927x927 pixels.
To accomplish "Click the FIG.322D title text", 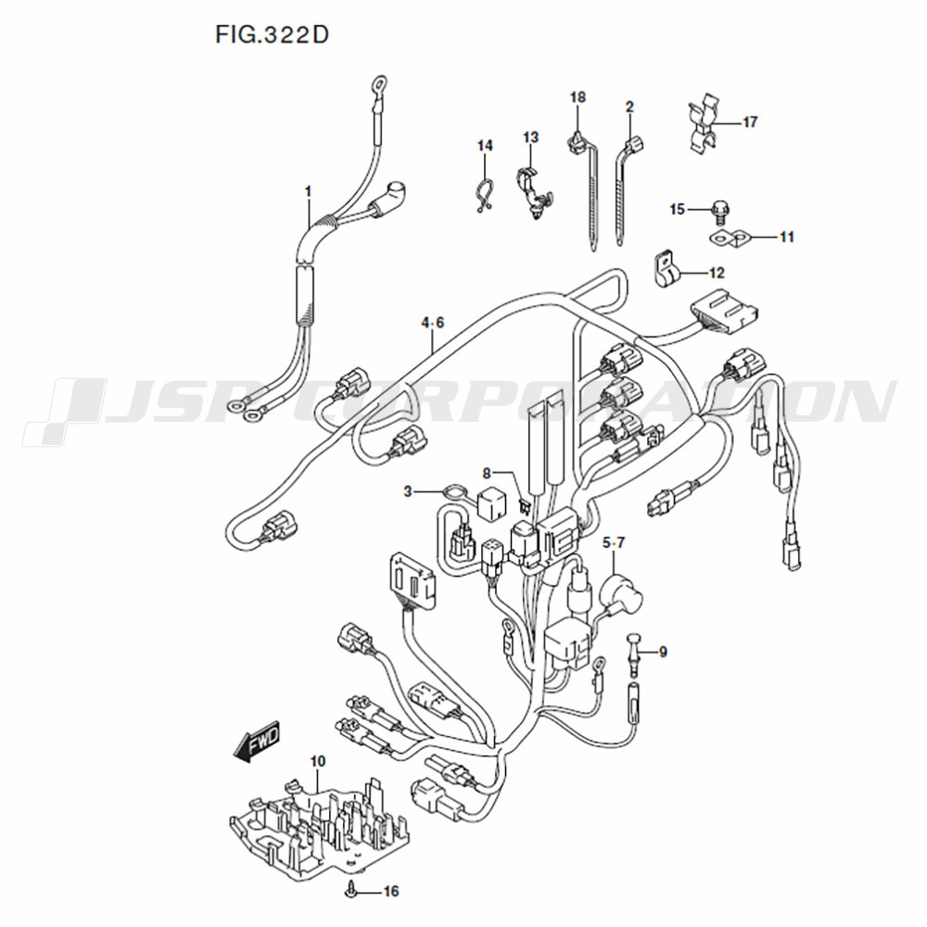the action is click(272, 35).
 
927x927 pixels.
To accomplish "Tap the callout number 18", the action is click(578, 97).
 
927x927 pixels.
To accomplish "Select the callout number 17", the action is click(750, 122).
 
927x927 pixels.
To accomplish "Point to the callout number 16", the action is click(391, 891).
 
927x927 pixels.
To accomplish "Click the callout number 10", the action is click(317, 761).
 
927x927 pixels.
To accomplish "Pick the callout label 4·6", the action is click(433, 323).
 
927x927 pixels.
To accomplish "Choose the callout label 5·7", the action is click(613, 542).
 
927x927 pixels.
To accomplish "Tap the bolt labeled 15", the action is click(719, 210).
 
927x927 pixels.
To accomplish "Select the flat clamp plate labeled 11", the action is click(729, 237).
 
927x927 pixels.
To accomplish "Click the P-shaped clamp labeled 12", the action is click(667, 269).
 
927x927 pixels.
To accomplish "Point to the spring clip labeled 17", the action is click(705, 125).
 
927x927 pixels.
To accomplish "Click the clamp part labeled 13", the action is click(534, 192).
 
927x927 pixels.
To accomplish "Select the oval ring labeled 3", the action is click(453, 492).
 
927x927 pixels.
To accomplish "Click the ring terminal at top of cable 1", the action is click(378, 82).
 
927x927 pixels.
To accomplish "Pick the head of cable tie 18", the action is click(574, 141).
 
